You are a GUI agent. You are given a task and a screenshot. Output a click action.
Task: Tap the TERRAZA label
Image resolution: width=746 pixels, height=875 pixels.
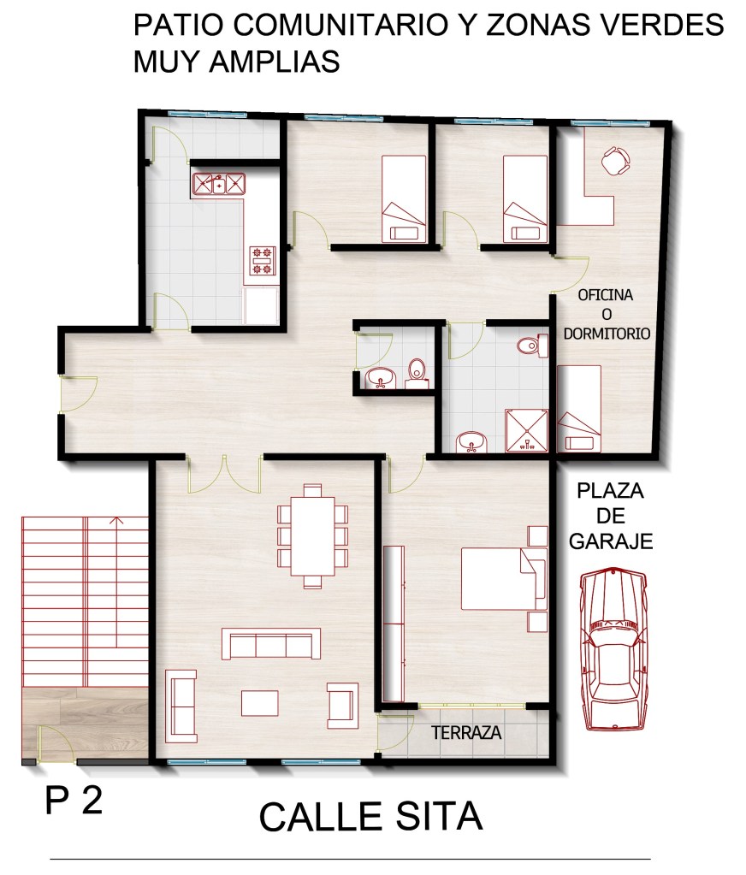[x=466, y=732]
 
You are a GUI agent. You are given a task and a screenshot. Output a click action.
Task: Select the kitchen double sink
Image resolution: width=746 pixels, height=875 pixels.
[x=219, y=184]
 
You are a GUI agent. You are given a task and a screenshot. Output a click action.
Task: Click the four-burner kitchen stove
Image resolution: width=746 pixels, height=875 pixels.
[x=263, y=261]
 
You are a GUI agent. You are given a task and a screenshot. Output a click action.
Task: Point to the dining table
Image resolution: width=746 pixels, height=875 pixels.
[x=312, y=535]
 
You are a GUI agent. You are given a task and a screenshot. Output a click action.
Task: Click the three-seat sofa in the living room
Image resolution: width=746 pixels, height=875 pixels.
[x=271, y=643]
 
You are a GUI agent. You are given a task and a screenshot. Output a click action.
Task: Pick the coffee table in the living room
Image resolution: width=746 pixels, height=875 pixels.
[x=259, y=703]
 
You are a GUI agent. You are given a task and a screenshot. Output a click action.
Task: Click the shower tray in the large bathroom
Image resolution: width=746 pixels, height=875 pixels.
[x=526, y=430]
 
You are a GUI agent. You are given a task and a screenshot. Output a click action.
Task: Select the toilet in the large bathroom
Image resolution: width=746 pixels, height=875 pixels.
[x=532, y=346]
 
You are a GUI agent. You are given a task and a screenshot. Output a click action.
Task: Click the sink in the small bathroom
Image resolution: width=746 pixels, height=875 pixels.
[x=381, y=378]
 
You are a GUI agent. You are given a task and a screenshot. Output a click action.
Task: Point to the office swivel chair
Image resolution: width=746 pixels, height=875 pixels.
[x=615, y=161]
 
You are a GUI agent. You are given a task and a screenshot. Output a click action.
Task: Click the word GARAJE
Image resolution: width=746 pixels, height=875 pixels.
[x=611, y=541]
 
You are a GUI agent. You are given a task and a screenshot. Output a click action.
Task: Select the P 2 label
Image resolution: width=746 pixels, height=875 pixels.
[x=74, y=801]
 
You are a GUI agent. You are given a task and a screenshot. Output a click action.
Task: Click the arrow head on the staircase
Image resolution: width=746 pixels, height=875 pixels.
[x=116, y=521]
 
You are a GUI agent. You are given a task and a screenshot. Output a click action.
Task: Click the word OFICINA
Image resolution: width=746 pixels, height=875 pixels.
[x=606, y=294]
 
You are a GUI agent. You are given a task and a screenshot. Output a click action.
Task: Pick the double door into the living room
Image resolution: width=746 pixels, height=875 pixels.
[x=224, y=475]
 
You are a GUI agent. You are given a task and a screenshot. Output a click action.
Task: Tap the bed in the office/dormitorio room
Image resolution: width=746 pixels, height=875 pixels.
[x=579, y=409]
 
